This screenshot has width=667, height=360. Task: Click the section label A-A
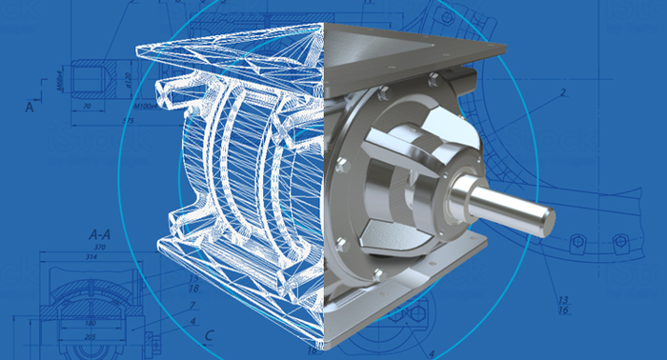102,232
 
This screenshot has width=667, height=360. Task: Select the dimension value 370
99,247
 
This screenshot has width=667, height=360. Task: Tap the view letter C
208,333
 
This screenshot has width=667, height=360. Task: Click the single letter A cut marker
30,108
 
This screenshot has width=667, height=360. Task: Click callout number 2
563,92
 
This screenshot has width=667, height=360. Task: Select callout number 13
563,299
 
